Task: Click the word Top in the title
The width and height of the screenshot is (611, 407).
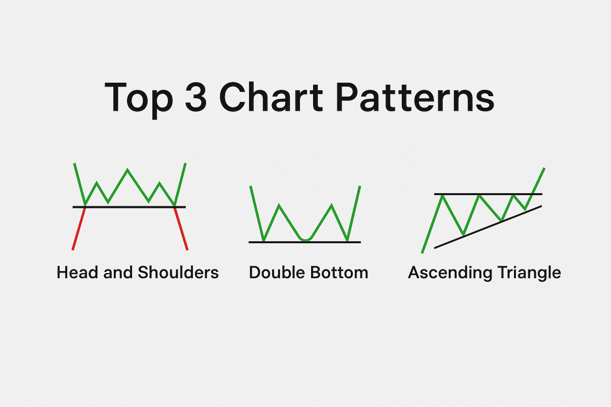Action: [x=139, y=100]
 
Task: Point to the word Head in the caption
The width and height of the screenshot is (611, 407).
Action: [x=77, y=272]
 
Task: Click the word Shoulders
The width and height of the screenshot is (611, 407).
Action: [x=178, y=272]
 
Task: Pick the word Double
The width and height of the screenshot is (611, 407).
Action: [x=277, y=272]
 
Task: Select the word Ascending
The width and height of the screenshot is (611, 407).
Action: [x=450, y=273]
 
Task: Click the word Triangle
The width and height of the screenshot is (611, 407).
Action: [x=529, y=273]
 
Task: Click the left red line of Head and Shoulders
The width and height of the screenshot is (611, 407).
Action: [x=79, y=229]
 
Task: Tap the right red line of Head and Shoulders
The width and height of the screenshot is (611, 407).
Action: [x=181, y=229]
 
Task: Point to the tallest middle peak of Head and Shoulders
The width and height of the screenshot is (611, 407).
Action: [x=127, y=170]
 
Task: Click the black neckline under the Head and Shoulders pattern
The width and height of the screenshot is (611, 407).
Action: [x=129, y=207]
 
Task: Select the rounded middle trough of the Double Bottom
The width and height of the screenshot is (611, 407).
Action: [x=306, y=239]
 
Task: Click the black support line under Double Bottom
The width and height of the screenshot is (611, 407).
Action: [x=305, y=242]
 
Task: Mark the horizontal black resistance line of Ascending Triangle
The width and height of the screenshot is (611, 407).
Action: [x=488, y=194]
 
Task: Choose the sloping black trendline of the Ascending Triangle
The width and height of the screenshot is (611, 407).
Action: [x=488, y=227]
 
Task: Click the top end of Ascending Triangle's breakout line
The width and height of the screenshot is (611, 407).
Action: [x=545, y=168]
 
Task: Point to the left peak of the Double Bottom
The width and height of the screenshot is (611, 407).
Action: [x=279, y=205]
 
